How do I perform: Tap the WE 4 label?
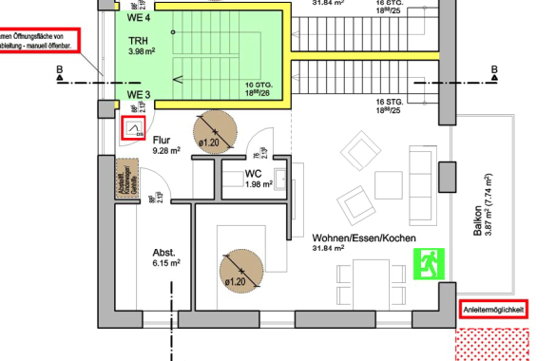(x=140, y=16)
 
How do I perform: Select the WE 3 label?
(x=139, y=95)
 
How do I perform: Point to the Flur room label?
(x=162, y=140)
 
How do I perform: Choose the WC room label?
(x=253, y=174)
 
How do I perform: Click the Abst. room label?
(x=164, y=252)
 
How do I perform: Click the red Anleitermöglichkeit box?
(x=492, y=309)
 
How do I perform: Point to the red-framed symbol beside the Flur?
(x=135, y=128)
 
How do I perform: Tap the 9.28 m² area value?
(x=165, y=150)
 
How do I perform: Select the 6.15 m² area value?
(x=166, y=263)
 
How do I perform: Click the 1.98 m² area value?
(x=259, y=184)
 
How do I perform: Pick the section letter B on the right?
(x=493, y=70)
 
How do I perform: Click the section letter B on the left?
(x=59, y=70)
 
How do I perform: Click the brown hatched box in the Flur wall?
(x=122, y=178)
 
